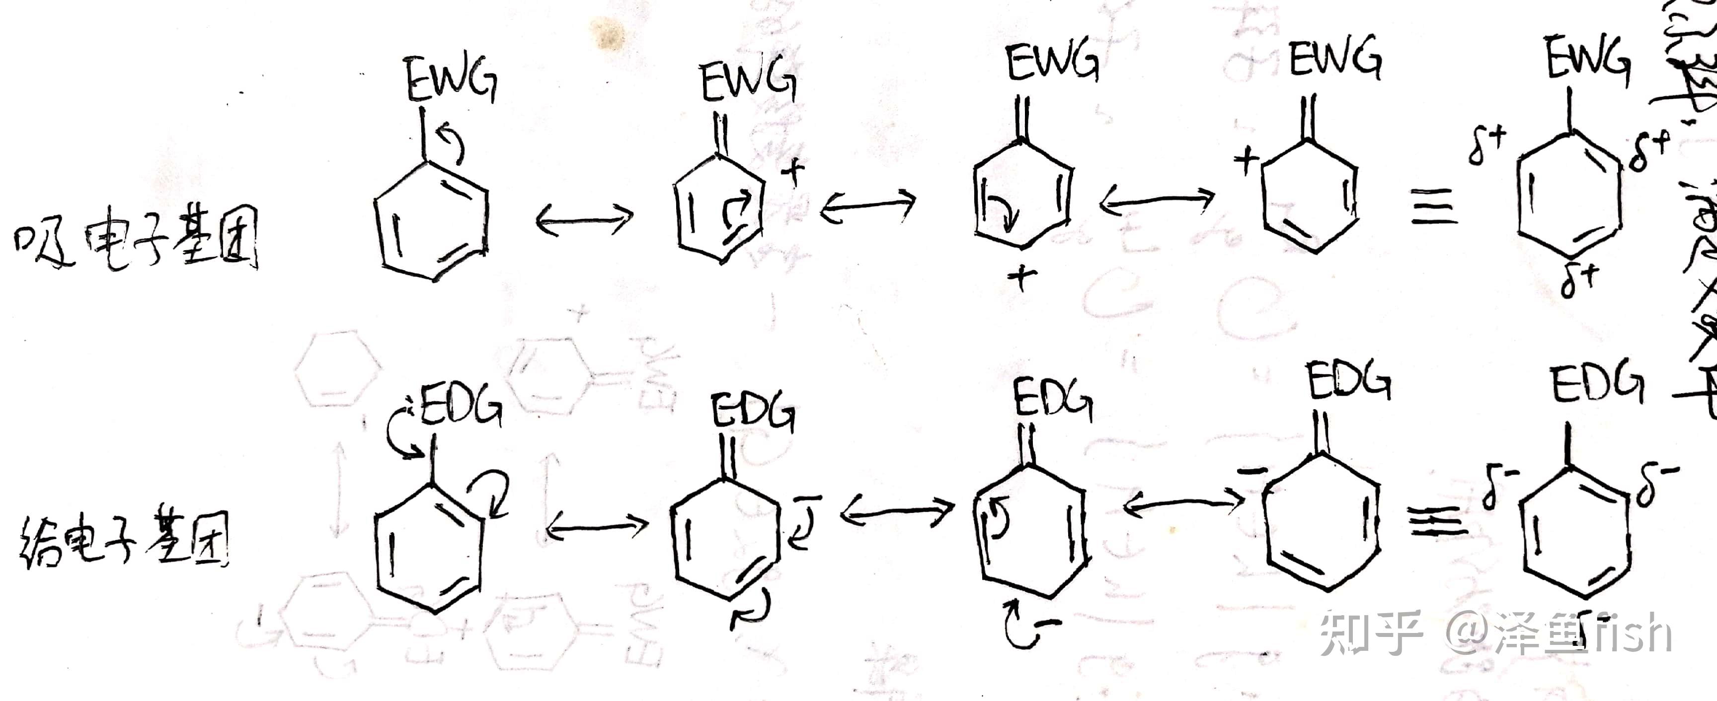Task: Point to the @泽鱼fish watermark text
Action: [1560, 633]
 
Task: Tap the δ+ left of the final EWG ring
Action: [1486, 146]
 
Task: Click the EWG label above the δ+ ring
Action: [1588, 61]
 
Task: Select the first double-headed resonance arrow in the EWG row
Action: [585, 218]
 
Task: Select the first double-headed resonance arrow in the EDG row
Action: [597, 528]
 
